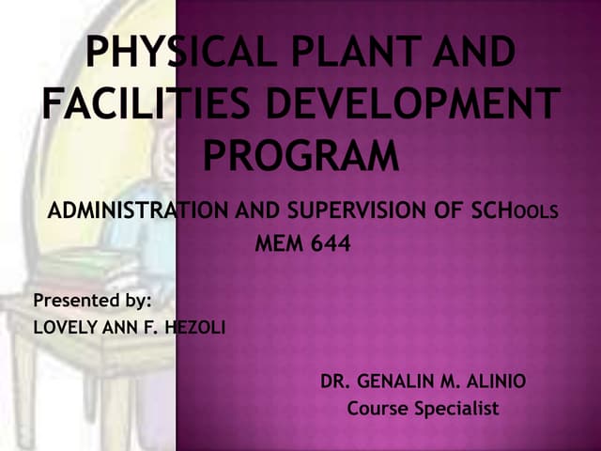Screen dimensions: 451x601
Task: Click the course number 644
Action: [330, 247]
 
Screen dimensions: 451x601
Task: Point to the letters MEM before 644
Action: [279, 247]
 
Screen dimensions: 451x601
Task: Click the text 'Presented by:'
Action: [93, 301]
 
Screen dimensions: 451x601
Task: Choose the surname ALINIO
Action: [491, 381]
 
